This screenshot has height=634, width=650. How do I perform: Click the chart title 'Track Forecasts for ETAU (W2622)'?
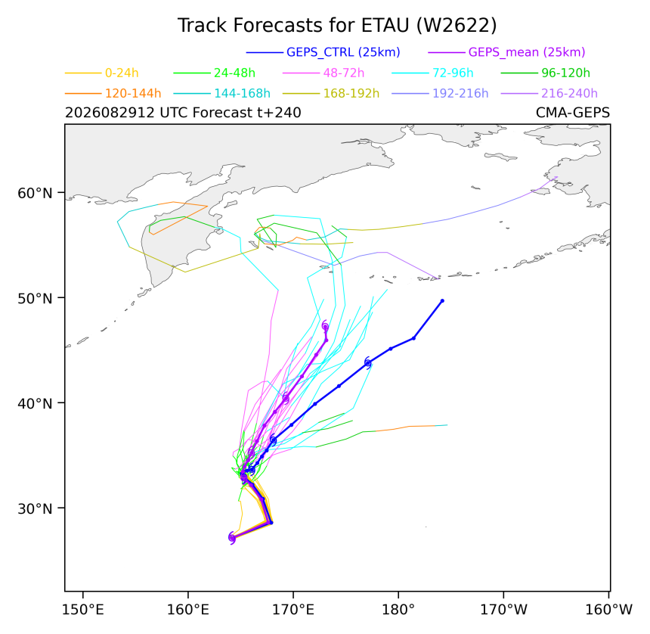[337, 25]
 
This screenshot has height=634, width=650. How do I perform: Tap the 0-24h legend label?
[122, 73]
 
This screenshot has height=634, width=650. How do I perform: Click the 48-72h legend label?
[344, 73]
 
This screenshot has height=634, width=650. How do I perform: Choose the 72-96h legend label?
[453, 73]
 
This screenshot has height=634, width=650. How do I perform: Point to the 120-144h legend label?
[133, 93]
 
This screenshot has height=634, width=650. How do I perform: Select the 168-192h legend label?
[351, 93]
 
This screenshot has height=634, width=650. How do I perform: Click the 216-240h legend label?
[569, 93]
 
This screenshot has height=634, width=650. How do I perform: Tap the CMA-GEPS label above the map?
[572, 113]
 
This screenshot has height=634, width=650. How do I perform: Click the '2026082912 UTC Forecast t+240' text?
[183, 113]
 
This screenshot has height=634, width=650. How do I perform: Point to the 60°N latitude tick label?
[35, 193]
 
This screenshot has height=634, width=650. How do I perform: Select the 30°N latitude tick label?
[35, 508]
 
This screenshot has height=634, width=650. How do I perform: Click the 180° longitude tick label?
[398, 610]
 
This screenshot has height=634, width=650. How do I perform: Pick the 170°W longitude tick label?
[503, 610]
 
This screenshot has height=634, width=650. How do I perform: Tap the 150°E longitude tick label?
[83, 610]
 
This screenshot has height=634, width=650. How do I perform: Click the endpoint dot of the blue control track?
[442, 301]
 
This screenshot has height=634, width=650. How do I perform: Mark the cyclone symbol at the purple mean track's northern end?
[326, 326]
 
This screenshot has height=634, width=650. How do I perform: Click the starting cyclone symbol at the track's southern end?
[232, 538]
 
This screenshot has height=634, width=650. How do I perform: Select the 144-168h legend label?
[242, 93]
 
